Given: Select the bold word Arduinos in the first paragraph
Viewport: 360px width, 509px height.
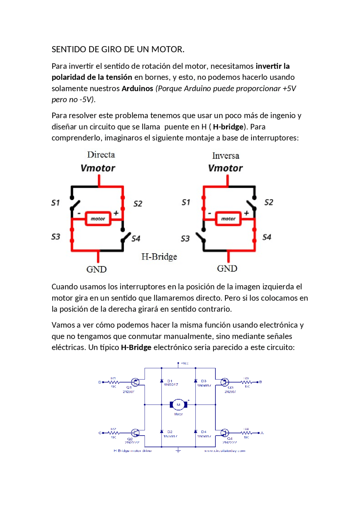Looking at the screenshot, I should point(137,89).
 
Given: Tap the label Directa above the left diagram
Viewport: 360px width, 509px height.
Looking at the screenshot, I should point(101,155).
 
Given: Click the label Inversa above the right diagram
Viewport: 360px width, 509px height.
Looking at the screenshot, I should point(226,156).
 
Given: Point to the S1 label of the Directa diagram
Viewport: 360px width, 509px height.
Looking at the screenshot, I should point(56,203).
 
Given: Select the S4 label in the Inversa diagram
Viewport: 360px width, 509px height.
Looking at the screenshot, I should point(267,237).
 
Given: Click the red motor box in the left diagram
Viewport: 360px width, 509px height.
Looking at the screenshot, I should point(98,219).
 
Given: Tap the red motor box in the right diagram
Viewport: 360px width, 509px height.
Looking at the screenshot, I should point(228,219).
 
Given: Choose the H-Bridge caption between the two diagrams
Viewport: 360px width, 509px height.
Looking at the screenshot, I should point(159,257).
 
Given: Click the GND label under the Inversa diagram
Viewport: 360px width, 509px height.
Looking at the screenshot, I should point(227,268).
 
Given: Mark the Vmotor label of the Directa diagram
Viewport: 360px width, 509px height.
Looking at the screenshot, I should point(98,168).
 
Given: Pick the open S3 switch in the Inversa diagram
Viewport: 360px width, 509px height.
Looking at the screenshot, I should point(201,238).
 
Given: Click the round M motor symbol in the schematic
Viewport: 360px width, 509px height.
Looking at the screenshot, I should point(178,405).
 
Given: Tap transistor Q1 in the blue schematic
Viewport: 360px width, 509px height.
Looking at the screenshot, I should point(135,382).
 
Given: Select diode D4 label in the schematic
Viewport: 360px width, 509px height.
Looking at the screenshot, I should point(204,432).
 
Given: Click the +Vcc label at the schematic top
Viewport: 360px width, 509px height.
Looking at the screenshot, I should point(184,363).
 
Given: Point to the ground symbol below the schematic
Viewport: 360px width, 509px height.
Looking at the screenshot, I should point(178,451).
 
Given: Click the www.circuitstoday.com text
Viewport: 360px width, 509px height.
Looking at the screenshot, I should point(224,451).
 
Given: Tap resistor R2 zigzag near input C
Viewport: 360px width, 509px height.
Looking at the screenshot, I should point(114,433).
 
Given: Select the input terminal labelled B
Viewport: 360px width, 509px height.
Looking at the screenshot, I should point(260,382).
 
